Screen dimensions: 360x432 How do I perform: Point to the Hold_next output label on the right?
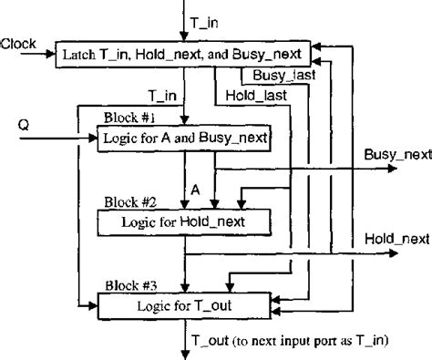click(x=396, y=238)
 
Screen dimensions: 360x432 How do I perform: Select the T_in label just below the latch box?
click(x=162, y=94)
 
